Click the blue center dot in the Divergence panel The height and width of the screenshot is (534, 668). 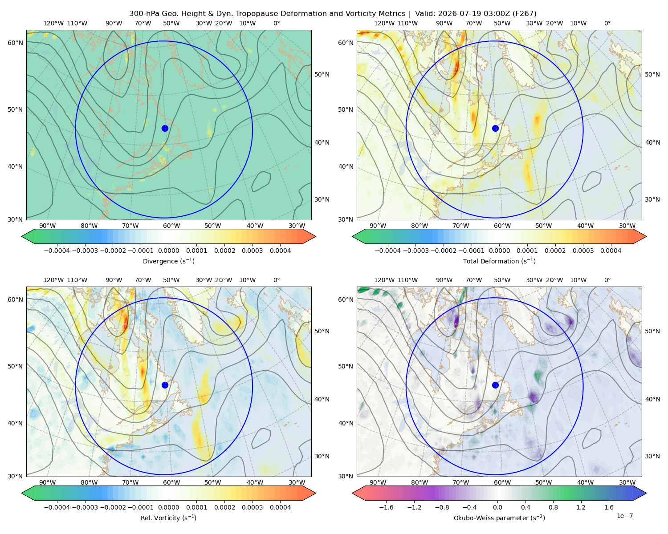165,128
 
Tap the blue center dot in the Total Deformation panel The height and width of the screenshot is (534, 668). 495,128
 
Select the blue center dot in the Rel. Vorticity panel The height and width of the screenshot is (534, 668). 165,385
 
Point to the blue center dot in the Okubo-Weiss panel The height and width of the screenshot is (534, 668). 495,385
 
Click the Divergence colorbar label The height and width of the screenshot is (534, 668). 168,261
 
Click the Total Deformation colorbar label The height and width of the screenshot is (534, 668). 499,261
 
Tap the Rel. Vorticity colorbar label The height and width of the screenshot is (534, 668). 168,518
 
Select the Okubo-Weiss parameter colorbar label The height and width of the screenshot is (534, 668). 499,518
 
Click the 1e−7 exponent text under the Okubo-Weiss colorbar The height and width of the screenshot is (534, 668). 624,516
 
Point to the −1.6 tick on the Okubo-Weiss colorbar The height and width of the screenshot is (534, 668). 387,507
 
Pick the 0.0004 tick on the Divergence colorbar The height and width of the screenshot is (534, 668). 280,251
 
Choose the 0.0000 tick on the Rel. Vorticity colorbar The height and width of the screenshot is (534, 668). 168,507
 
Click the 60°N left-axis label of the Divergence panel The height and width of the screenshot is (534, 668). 15,43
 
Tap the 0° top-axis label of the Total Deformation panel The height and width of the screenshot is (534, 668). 607,23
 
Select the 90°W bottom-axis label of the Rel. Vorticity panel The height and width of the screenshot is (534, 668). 48,482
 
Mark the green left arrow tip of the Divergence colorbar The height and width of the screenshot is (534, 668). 22,236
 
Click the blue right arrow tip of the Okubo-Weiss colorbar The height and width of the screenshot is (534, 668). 646,493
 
